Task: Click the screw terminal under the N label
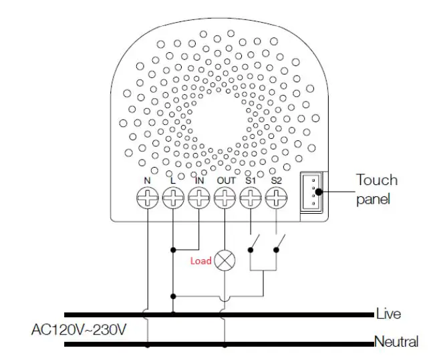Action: (x=147, y=198)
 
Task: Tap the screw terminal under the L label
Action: (x=173, y=198)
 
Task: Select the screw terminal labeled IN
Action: (x=199, y=198)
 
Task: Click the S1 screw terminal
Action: (x=251, y=198)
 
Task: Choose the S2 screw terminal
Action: (x=276, y=198)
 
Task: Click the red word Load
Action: (x=200, y=260)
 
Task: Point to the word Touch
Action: (x=376, y=180)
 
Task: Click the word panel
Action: (x=372, y=199)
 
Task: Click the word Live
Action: (x=388, y=314)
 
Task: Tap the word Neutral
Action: (x=396, y=342)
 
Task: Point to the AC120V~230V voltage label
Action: (x=80, y=329)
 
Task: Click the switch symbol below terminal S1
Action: (x=254, y=242)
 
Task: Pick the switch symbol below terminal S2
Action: (x=279, y=242)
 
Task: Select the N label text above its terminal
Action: (x=147, y=180)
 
